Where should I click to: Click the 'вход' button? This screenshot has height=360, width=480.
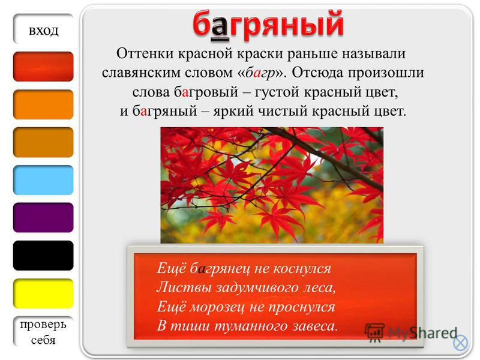click(43, 29)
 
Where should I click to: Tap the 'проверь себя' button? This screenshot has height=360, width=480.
click(43, 332)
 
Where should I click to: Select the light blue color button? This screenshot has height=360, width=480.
click(43, 180)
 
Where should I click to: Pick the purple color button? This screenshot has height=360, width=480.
click(43, 218)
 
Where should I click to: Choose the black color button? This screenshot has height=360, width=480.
click(43, 256)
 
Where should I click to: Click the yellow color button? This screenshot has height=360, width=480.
click(43, 293)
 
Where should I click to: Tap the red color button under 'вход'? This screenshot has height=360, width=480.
click(43, 67)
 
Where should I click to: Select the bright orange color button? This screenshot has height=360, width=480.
click(43, 104)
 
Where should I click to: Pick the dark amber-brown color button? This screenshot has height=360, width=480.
click(43, 142)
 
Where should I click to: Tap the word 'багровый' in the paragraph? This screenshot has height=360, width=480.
click(206, 92)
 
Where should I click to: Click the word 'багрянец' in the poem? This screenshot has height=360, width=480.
click(220, 269)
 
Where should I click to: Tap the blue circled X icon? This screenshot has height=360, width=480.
click(460, 343)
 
